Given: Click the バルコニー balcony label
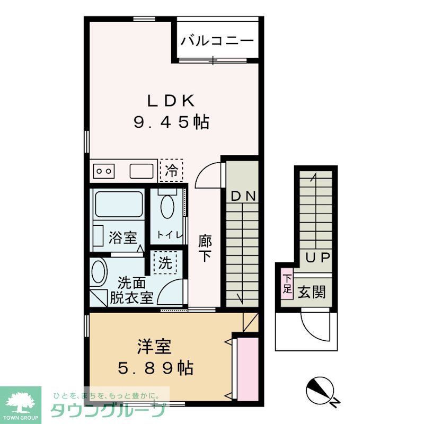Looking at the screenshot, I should [x=217, y=41].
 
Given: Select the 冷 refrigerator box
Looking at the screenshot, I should [x=171, y=170].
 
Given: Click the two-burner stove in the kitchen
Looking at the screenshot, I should [x=104, y=171].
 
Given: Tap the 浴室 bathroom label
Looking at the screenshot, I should [x=123, y=238].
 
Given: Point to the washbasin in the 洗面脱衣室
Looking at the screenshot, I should [x=99, y=273].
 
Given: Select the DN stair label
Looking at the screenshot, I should [x=243, y=196].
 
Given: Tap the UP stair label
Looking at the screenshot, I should [x=318, y=258].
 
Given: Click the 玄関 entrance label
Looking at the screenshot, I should [x=311, y=291].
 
